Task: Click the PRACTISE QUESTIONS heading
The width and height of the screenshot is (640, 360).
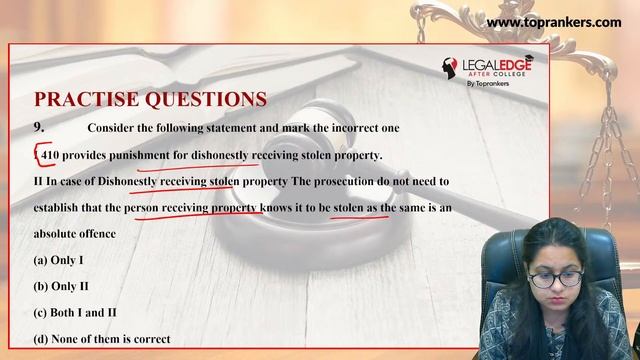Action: (150, 99)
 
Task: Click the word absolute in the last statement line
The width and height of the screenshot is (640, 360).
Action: (61, 233)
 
